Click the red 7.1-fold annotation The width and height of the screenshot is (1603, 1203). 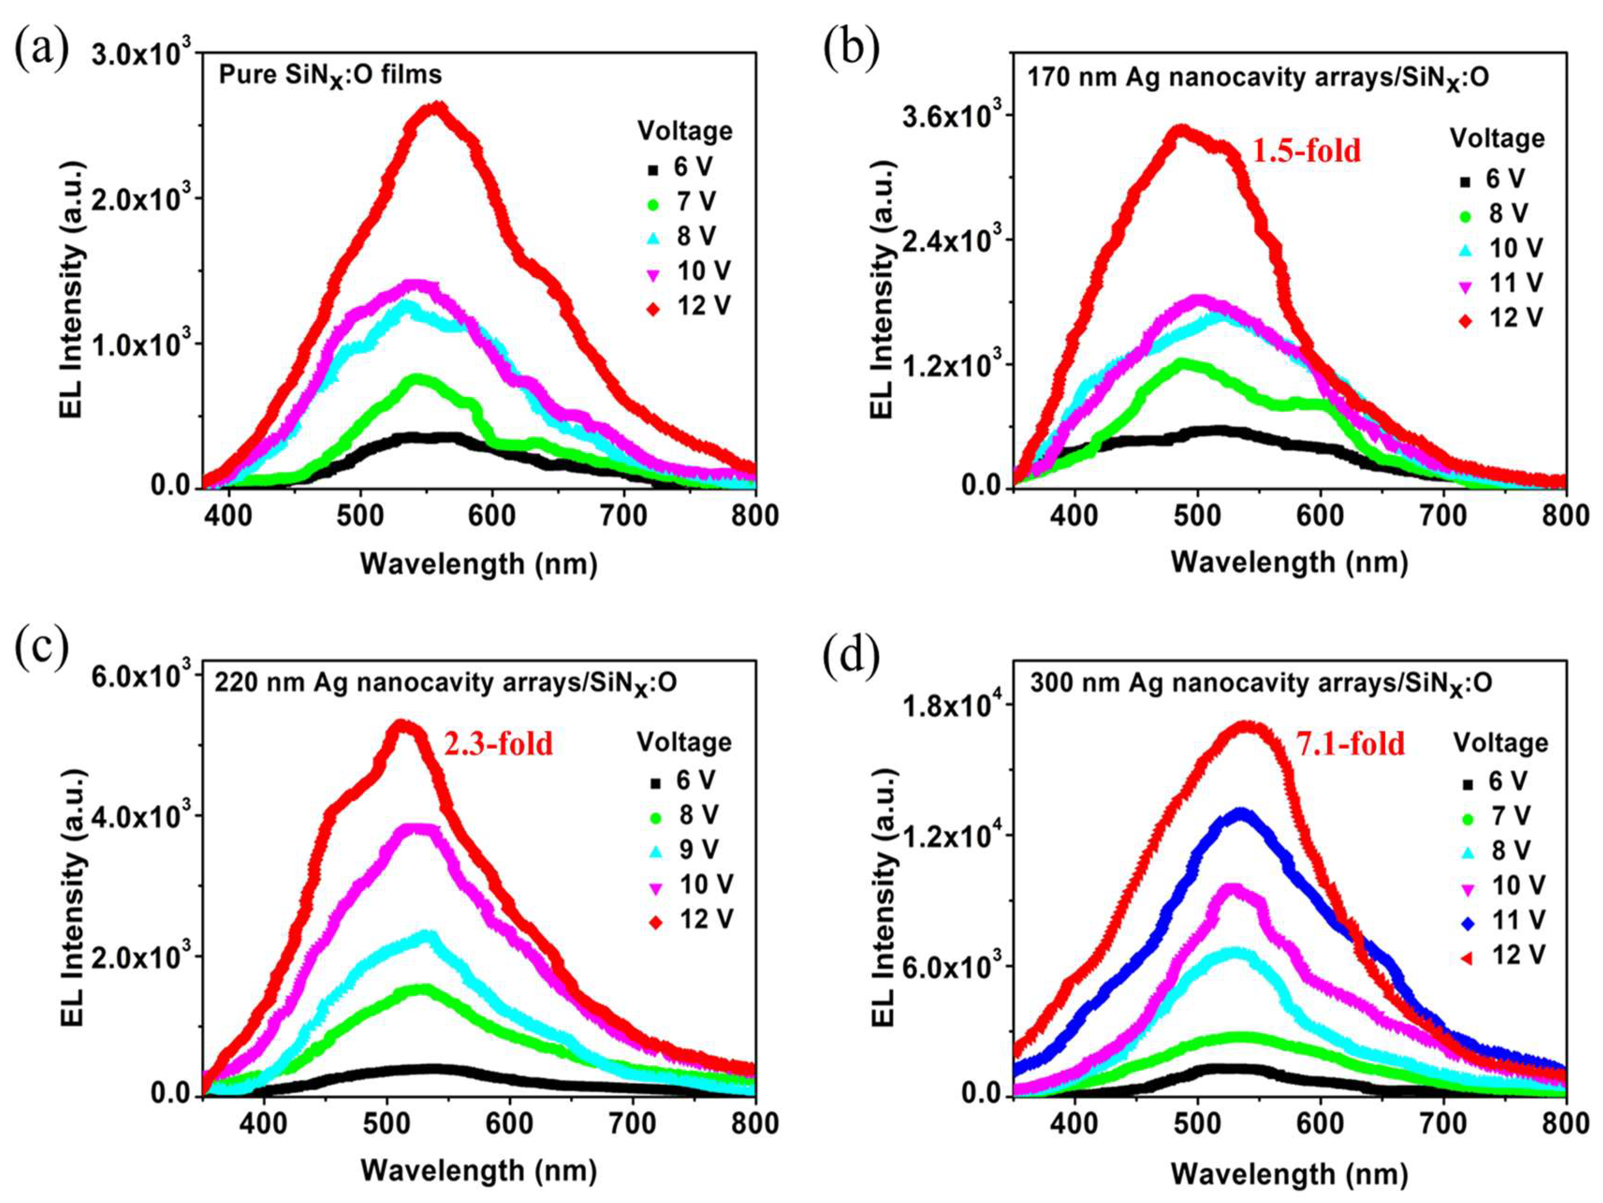[x=1349, y=744]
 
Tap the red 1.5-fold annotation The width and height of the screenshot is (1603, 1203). [x=1307, y=151]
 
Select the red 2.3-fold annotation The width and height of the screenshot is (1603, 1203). [x=498, y=744]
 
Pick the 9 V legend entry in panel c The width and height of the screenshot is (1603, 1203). [x=686, y=849]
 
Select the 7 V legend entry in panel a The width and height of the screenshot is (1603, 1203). [x=683, y=202]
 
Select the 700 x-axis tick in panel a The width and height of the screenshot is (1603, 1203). [x=624, y=515]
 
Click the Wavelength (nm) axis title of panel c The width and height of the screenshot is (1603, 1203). [x=478, y=1170]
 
